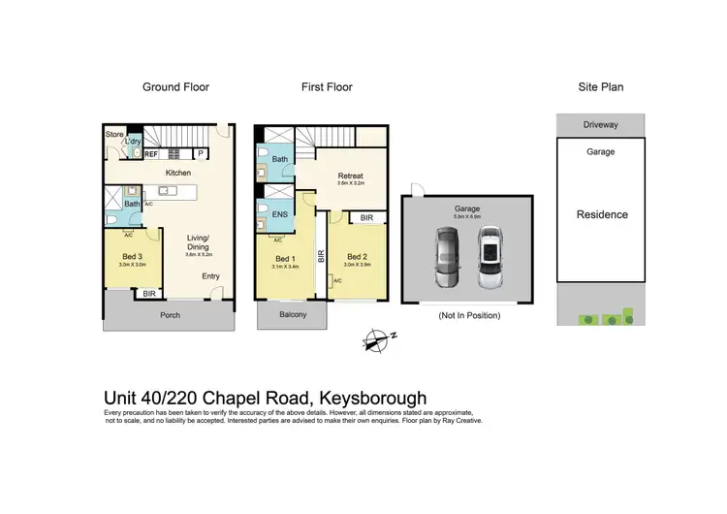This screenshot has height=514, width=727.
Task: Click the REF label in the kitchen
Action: (151, 153)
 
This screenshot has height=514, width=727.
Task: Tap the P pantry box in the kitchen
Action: (202, 153)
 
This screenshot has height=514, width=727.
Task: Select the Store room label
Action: (115, 135)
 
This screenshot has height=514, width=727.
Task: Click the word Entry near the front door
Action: (210, 276)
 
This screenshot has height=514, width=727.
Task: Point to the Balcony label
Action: (293, 314)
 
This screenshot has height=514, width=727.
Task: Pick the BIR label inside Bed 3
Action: (148, 293)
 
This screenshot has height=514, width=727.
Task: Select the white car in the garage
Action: (491, 258)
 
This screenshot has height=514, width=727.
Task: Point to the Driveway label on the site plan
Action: (600, 125)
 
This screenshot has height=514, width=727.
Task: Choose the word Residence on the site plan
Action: (602, 214)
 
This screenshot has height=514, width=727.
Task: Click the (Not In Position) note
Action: (468, 315)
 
